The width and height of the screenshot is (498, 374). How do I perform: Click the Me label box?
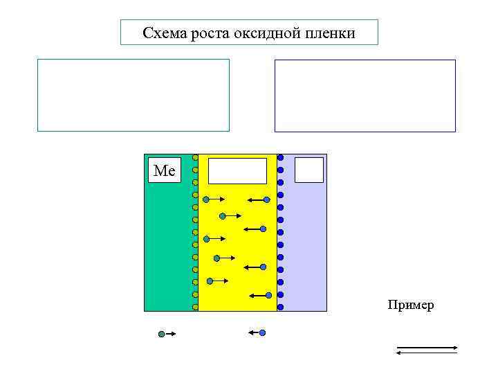(165, 170)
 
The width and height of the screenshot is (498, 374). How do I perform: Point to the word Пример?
(411, 305)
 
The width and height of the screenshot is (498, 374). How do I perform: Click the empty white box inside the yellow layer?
(237, 170)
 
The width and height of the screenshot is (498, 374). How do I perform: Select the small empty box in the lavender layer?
(309, 170)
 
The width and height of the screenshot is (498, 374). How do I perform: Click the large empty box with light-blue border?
(133, 95)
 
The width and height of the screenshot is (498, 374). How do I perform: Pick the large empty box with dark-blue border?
(365, 96)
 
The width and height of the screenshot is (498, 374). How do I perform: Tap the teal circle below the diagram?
(161, 334)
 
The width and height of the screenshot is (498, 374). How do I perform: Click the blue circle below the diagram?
(262, 333)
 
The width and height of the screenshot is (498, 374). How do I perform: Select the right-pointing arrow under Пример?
(426, 346)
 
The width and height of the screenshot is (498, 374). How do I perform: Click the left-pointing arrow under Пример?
(426, 353)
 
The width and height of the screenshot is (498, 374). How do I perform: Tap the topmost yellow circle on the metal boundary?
(195, 157)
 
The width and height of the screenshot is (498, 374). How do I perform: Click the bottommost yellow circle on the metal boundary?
(195, 307)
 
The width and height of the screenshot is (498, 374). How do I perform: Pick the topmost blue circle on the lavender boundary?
(280, 157)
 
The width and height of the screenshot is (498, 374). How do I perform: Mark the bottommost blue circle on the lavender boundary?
(280, 307)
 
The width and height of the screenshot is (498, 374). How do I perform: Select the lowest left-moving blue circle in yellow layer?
(269, 295)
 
